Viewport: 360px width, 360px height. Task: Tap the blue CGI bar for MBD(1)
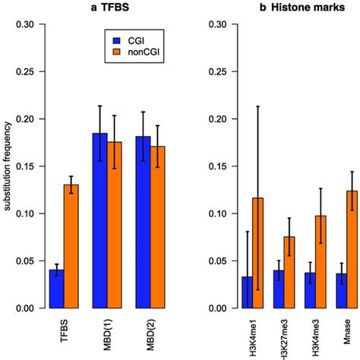click(99, 221)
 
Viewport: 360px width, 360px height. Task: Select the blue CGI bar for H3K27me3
click(279, 289)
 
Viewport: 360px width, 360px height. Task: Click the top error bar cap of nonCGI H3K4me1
click(258, 106)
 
